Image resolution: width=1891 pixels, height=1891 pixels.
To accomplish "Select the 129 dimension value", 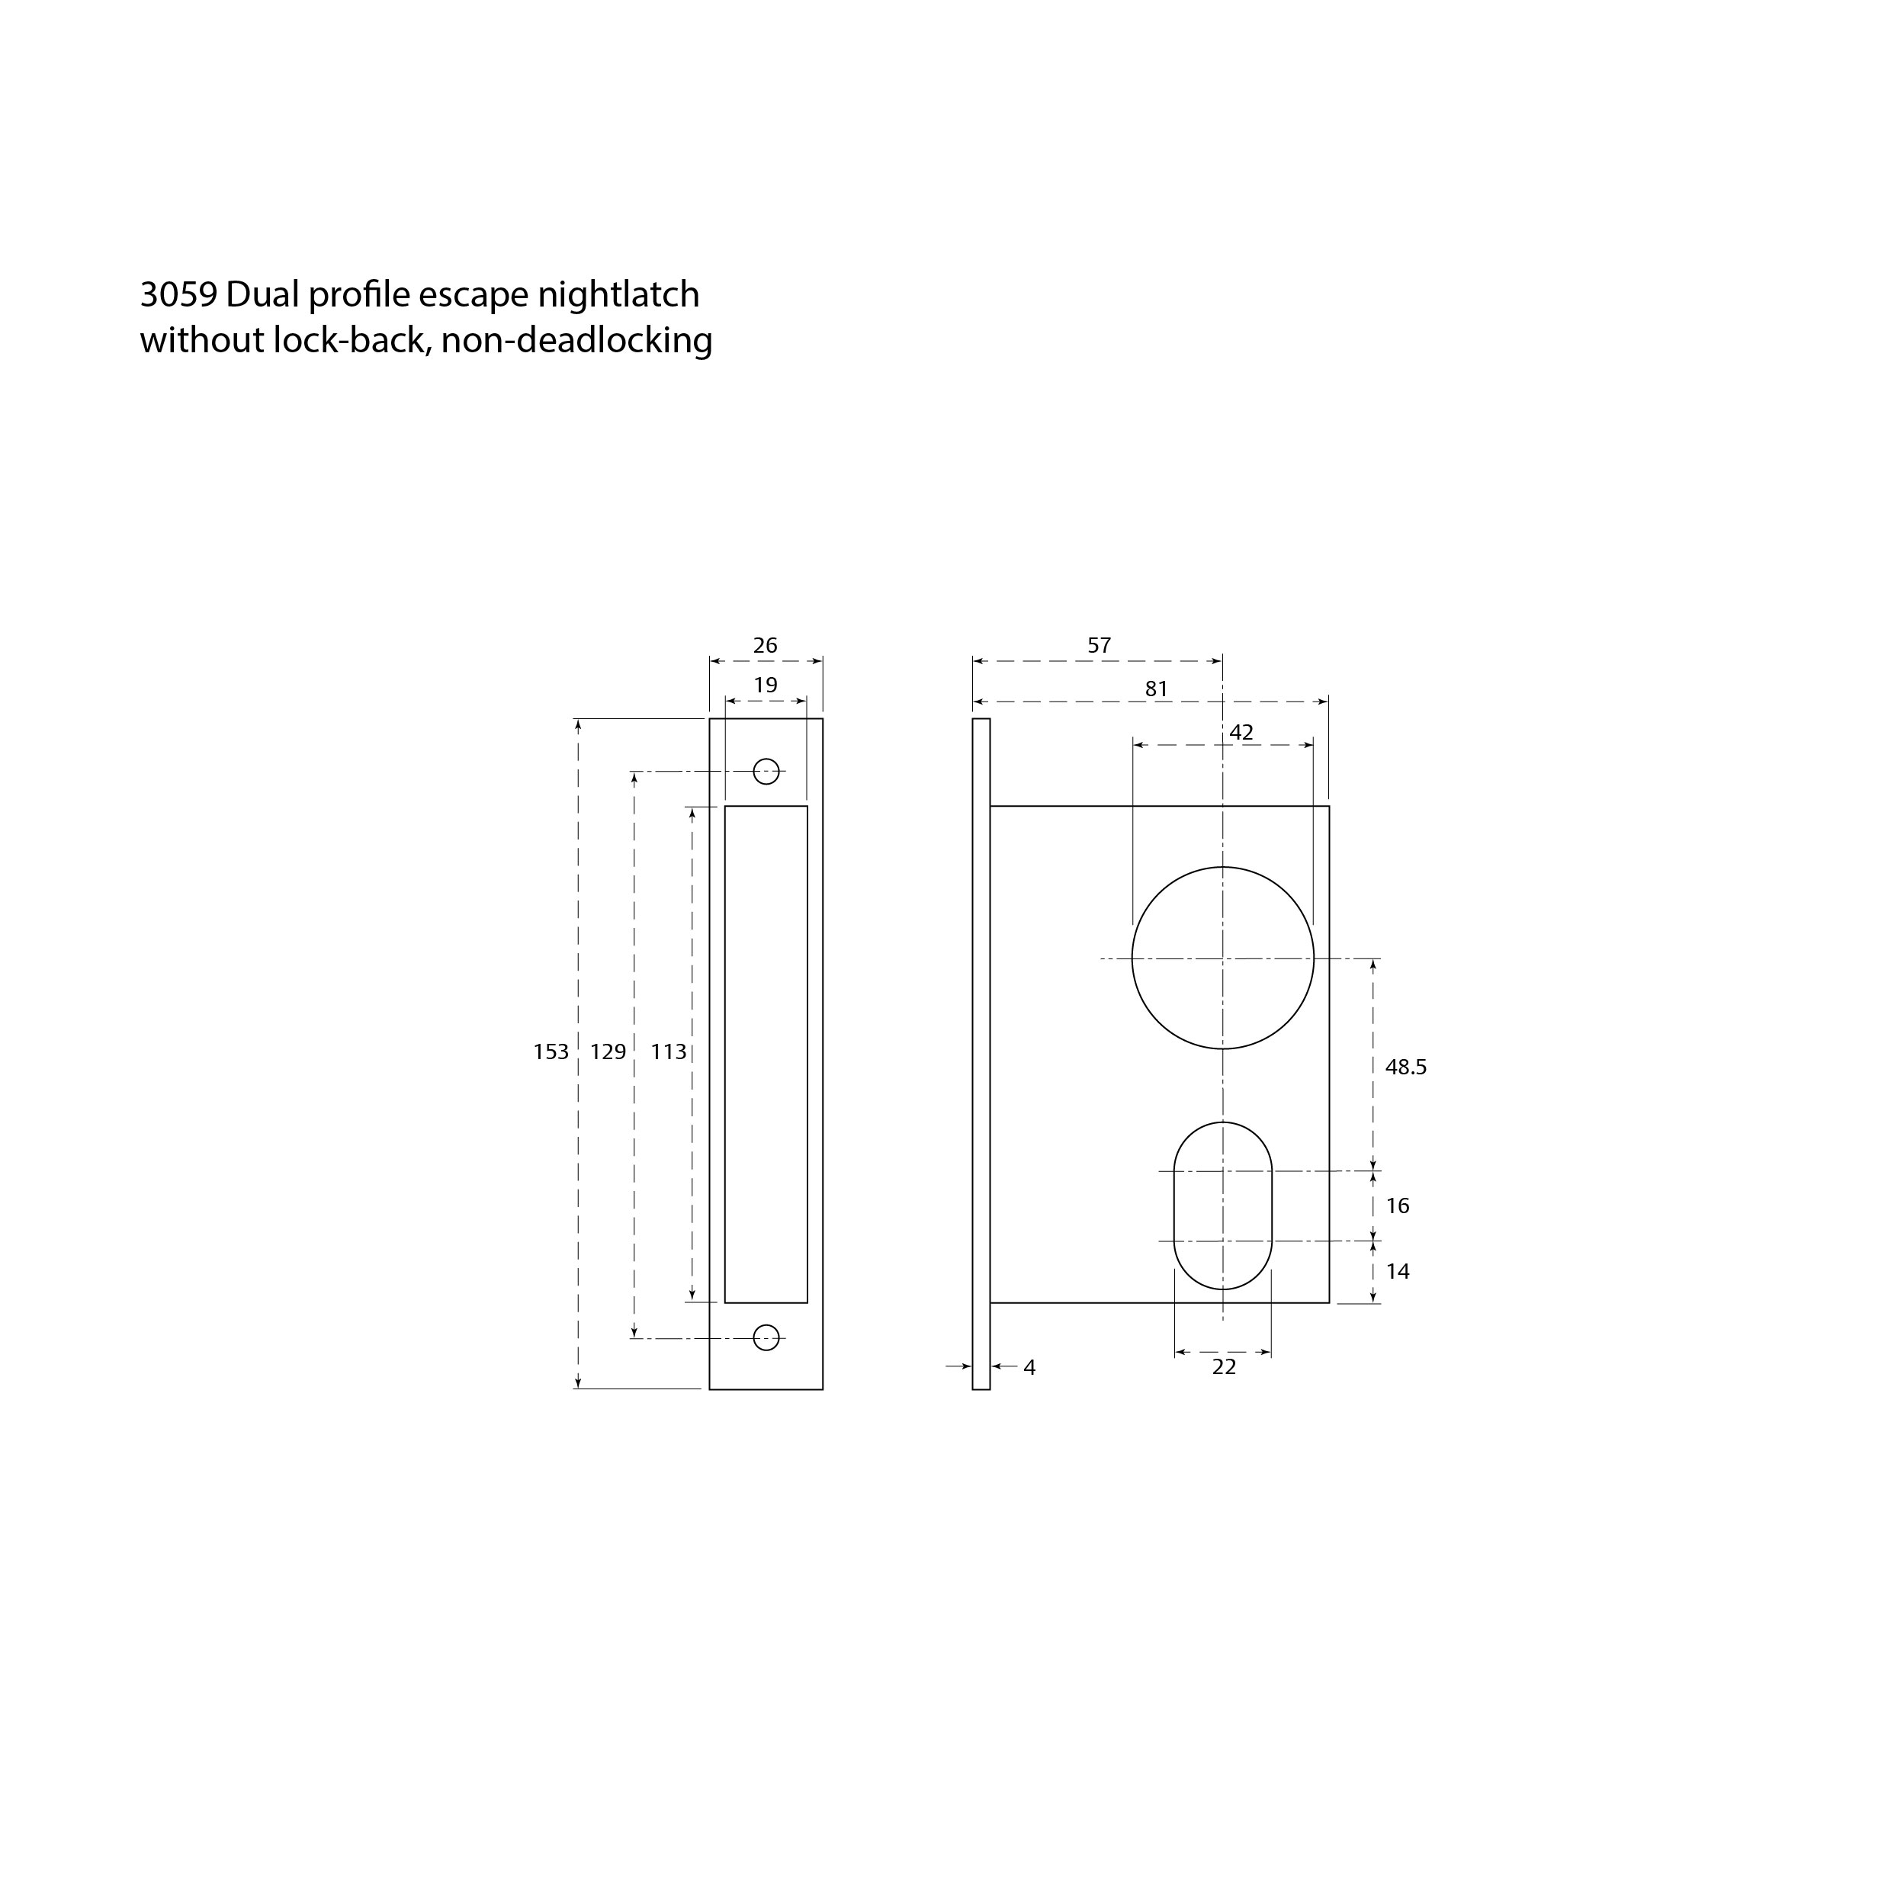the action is coord(608,1052).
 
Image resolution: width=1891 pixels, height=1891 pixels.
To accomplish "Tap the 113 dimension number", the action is coord(669,1052).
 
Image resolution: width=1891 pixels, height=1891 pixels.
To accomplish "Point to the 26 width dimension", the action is coord(766,646).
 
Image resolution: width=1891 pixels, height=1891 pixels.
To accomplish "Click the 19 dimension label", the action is coord(766,685).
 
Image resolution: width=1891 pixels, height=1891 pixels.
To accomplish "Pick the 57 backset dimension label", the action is coord(1100,646).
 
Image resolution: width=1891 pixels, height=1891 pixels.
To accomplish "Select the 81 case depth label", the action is coord(1157,689).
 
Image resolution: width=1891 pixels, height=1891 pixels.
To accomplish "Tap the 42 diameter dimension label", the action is coord(1241,733).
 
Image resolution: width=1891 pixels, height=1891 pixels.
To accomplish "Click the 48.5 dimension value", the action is coord(1405,1067).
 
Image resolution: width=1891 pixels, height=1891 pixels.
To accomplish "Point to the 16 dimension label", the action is coord(1398,1206).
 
